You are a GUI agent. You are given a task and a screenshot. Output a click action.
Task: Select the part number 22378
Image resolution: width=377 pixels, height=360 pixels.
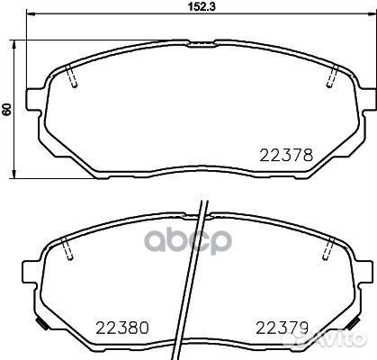(287, 155)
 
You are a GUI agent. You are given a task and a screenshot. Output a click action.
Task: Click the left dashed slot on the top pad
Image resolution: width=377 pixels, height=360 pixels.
(74, 78)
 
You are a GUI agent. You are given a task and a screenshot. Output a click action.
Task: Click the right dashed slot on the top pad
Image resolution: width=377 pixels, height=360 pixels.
(331, 78)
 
